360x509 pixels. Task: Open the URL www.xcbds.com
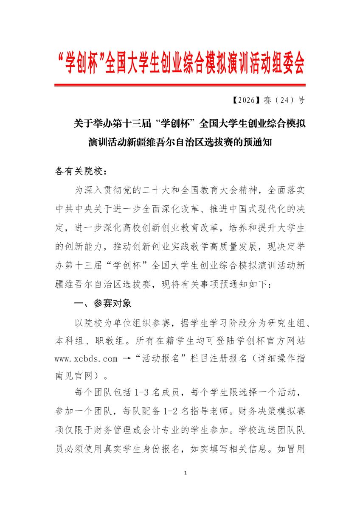(x=86, y=358)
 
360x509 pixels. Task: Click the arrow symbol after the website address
(x=126, y=358)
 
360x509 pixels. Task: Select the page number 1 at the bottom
(x=186, y=473)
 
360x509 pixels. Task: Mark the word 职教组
(x=111, y=341)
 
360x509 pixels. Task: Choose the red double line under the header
(x=180, y=85)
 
